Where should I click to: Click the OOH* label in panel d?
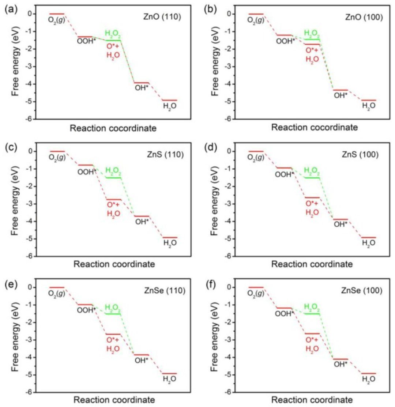284,174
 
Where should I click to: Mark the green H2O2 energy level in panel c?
113,178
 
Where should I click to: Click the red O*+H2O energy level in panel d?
312,197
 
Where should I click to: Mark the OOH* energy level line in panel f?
284,308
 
